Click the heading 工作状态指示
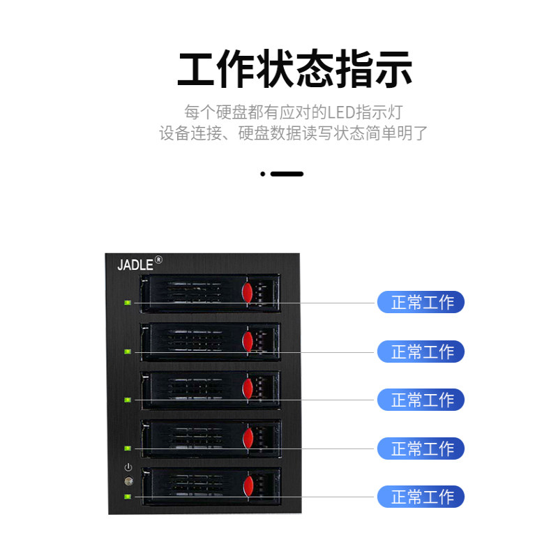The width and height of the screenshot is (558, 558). coord(294,69)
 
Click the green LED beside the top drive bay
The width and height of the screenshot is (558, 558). coord(128,303)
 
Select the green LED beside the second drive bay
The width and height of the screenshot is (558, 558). coord(128,352)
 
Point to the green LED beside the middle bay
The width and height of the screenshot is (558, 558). coord(128,400)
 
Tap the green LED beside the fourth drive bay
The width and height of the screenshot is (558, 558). coord(128,448)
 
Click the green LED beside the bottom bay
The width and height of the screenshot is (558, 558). coord(128,497)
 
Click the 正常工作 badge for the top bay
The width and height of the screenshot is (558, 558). coord(421,303)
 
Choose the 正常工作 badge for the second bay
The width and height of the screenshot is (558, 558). coord(421,352)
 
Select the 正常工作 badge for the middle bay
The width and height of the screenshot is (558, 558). coord(421,400)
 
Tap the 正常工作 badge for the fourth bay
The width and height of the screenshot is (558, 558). coord(421,448)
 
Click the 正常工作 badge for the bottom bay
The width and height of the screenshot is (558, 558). coord(421,497)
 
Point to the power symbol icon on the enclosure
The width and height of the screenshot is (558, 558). coord(128,467)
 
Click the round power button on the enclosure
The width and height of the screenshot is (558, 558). coord(128,481)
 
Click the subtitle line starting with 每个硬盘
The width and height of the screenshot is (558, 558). coord(294,112)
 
